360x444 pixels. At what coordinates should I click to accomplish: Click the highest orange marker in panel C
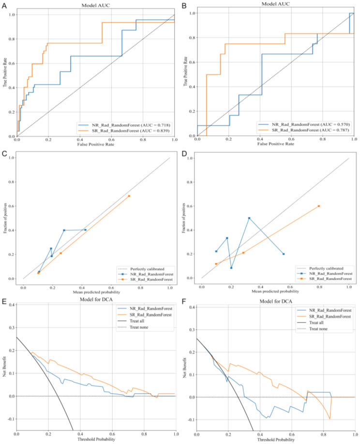129,196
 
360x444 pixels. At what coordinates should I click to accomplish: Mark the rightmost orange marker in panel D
319,206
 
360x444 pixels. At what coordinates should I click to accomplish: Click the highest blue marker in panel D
249,218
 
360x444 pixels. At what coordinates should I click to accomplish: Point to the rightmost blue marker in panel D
284,254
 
